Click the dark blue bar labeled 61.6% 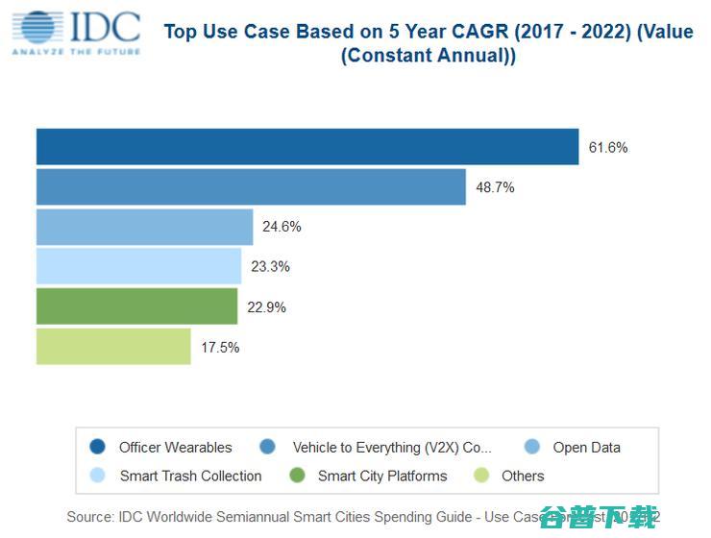(307, 147)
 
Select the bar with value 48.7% (251, 187)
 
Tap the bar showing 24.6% (144, 227)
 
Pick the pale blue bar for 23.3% (138, 266)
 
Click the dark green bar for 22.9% (136, 306)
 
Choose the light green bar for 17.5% (113, 347)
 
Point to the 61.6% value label (608, 148)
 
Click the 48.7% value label (495, 187)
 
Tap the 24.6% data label (282, 227)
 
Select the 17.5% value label (220, 348)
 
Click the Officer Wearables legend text (175, 448)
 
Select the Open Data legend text (586, 448)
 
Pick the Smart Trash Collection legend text (190, 477)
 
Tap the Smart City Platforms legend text (382, 477)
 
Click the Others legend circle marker (481, 476)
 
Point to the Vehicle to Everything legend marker (267, 447)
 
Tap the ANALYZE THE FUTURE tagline (76, 51)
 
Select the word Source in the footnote (89, 517)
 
